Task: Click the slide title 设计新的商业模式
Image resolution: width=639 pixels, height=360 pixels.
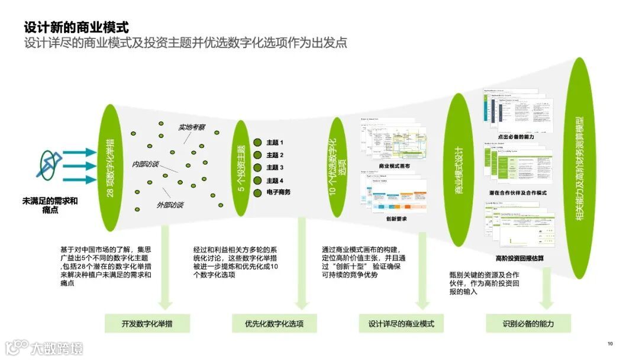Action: [x=76, y=28]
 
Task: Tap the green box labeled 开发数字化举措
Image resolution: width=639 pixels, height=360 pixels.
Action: [x=147, y=323]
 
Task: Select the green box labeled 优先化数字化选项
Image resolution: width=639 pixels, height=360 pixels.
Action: [x=274, y=323]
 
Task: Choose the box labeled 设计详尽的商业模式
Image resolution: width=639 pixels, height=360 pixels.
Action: [x=401, y=323]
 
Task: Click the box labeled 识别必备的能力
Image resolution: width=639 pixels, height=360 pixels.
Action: [x=528, y=323]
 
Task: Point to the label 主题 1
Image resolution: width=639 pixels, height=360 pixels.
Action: [x=275, y=143]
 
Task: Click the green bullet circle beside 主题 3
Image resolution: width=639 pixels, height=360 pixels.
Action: [x=257, y=168]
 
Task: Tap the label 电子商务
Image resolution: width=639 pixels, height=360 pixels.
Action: [x=278, y=192]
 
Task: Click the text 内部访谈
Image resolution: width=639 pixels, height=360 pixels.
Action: [x=145, y=164]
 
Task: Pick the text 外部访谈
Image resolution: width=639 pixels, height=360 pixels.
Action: [x=170, y=205]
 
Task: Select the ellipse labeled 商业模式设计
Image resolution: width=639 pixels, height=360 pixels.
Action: [x=460, y=170]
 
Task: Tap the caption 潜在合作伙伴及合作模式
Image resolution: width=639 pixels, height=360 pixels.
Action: [x=518, y=193]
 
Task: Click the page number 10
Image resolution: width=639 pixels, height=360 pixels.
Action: [x=610, y=343]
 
